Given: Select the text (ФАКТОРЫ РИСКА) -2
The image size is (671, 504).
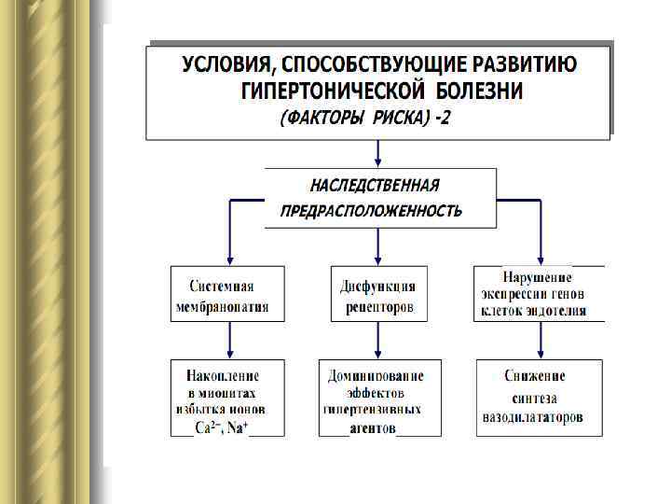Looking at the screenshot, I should (365, 119).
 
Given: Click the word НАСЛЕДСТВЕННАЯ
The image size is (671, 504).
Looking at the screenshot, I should (377, 185).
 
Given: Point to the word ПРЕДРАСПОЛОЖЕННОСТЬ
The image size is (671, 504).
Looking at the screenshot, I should (371, 211).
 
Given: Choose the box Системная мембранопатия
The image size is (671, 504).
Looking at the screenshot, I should (227, 295).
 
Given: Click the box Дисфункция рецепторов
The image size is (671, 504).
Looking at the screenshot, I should (377, 295).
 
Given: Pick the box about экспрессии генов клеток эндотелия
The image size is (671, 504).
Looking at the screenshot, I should (539, 294).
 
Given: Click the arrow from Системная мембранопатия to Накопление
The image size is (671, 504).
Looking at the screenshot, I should (228, 341).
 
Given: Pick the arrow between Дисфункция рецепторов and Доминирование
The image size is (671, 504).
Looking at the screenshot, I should (377, 341).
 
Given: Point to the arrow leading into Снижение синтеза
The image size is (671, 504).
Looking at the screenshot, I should (541, 341).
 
